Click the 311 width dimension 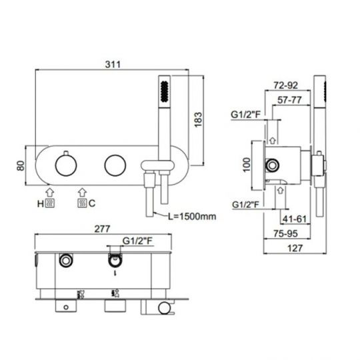tap(113, 65)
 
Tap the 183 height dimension tap(198, 119)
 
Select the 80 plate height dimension tap(21, 165)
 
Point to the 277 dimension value tap(102, 229)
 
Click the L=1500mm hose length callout tap(192, 216)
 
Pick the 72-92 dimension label tap(285, 85)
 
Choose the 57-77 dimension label tap(289, 100)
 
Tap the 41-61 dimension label tap(295, 219)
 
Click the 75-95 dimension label tap(285, 234)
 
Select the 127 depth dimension tap(295, 248)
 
